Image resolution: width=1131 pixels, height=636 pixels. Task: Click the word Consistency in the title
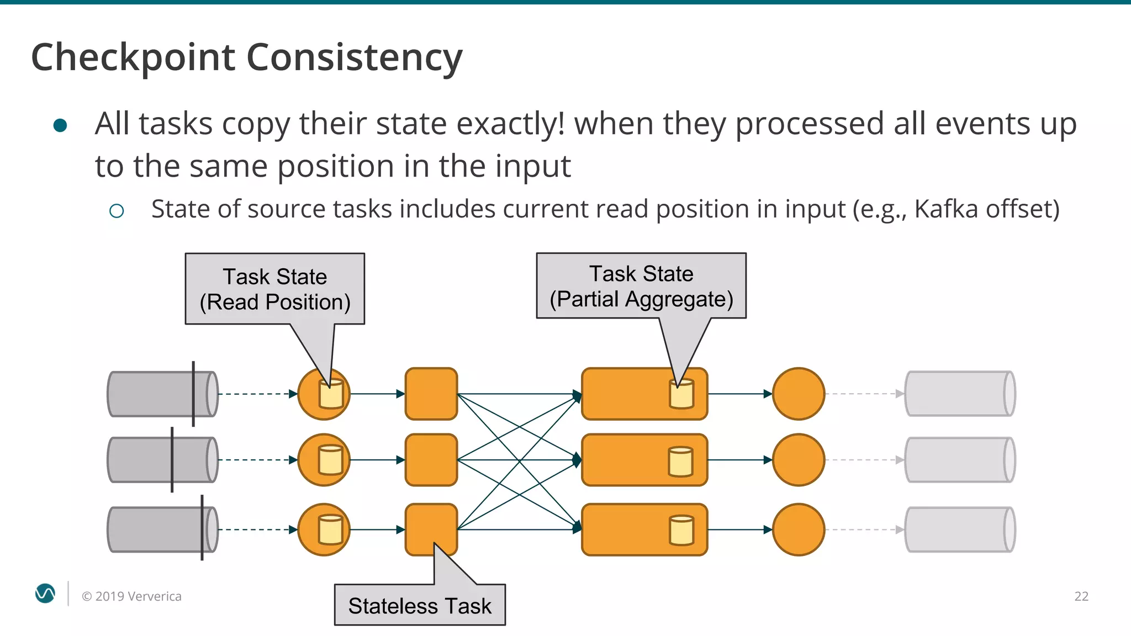click(x=354, y=58)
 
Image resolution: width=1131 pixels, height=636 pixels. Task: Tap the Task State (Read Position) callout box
click(x=274, y=289)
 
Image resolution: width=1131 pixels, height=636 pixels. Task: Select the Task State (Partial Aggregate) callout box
click(x=641, y=286)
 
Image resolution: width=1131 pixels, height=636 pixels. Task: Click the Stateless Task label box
click(x=420, y=605)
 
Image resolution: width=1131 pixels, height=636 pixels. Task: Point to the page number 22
click(x=1081, y=596)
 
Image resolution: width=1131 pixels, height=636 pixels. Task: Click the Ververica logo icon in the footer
click(x=45, y=593)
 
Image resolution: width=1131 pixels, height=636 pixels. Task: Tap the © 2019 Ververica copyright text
click(x=131, y=596)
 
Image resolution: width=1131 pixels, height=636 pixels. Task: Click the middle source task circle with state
click(x=324, y=460)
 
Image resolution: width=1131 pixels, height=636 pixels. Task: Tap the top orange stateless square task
click(x=431, y=394)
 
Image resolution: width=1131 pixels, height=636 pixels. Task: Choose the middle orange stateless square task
click(x=431, y=460)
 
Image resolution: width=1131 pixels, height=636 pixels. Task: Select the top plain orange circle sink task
click(x=798, y=394)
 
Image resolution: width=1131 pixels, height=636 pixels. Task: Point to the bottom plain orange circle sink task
click(x=798, y=529)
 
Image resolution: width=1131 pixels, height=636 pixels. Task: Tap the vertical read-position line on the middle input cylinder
click(x=172, y=460)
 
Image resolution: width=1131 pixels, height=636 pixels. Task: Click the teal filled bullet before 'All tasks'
click(x=60, y=125)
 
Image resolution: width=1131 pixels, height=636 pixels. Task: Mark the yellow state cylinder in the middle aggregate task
click(x=680, y=462)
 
